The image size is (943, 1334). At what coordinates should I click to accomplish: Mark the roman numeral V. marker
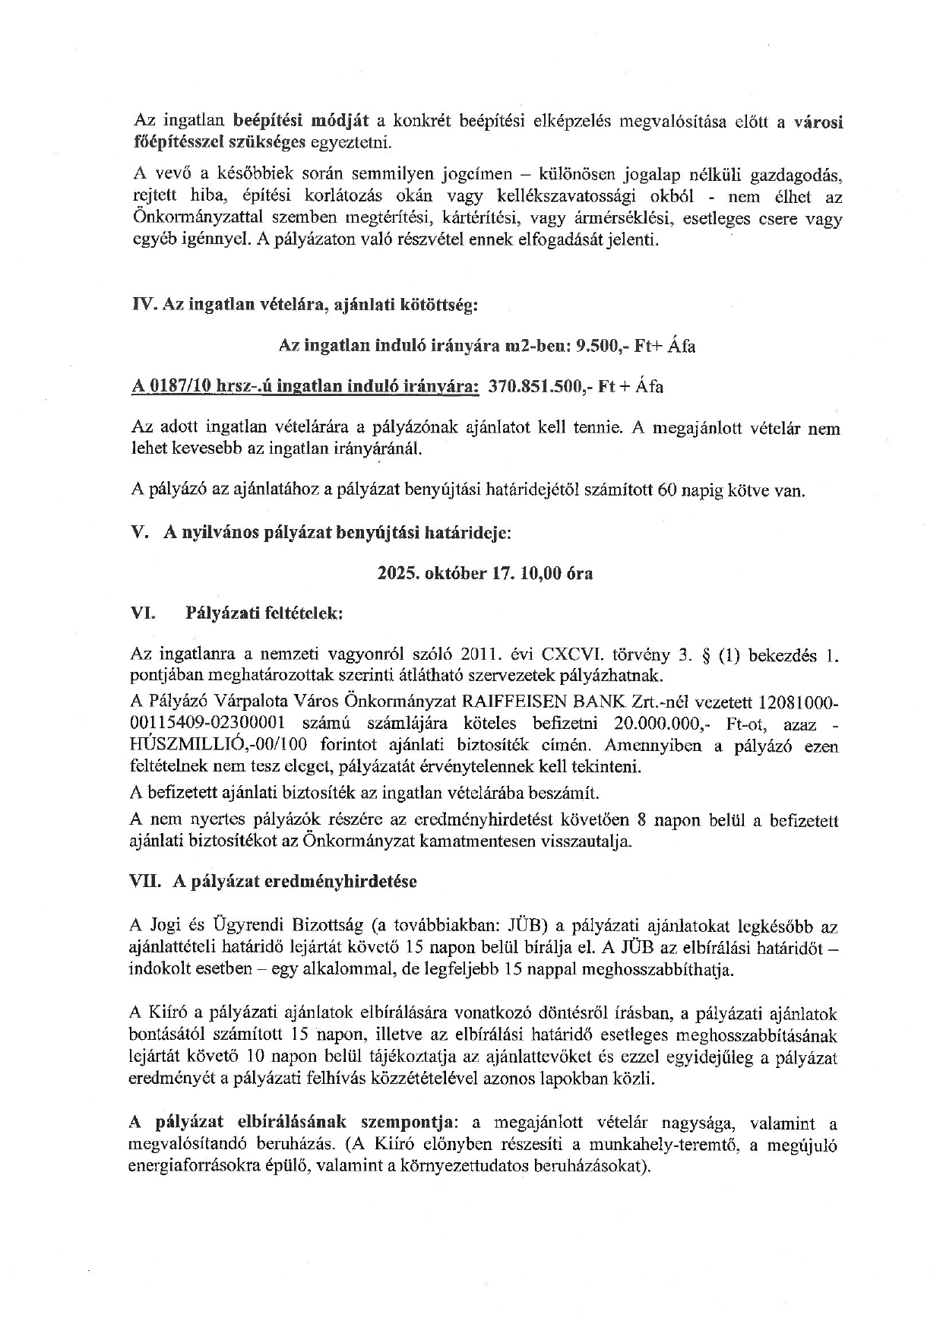pyautogui.click(x=139, y=533)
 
